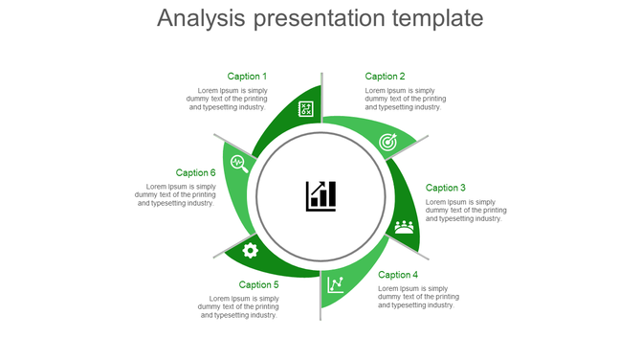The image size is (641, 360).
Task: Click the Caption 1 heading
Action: pyautogui.click(x=247, y=77)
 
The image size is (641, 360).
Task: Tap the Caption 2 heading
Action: pyautogui.click(x=385, y=77)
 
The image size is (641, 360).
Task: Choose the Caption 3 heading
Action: pyautogui.click(x=446, y=189)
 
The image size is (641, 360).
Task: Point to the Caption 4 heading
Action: pyautogui.click(x=398, y=275)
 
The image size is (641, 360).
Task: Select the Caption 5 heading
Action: pyautogui.click(x=259, y=284)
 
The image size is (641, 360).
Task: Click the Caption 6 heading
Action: pyautogui.click(x=195, y=173)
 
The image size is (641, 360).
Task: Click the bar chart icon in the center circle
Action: pyautogui.click(x=320, y=195)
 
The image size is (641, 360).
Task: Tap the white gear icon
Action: pyautogui.click(x=251, y=251)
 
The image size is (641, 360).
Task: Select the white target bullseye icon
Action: pyautogui.click(x=387, y=142)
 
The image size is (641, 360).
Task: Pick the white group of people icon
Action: pyautogui.click(x=405, y=227)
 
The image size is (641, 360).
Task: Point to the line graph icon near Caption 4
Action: pyautogui.click(x=336, y=284)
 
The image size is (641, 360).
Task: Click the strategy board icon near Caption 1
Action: pyautogui.click(x=306, y=109)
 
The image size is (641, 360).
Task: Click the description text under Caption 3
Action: pyautogui.click(x=466, y=211)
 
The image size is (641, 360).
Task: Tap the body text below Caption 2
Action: pyautogui.click(x=405, y=99)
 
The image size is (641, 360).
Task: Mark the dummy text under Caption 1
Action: pyautogui.click(x=227, y=99)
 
